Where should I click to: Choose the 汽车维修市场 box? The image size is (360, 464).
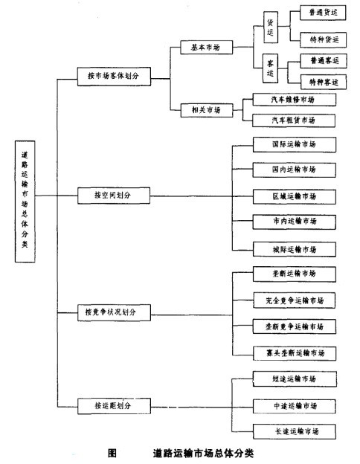[293, 99]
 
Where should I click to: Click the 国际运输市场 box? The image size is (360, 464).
[293, 144]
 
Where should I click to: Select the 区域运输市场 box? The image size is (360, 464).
[293, 196]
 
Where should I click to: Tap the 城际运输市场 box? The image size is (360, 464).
[293, 248]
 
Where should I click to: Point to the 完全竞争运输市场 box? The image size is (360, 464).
[293, 300]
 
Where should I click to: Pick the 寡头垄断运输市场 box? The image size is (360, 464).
[293, 352]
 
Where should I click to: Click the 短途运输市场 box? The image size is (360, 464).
[293, 379]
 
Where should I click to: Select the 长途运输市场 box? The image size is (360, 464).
[293, 431]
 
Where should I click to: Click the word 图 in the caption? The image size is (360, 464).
[112, 451]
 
